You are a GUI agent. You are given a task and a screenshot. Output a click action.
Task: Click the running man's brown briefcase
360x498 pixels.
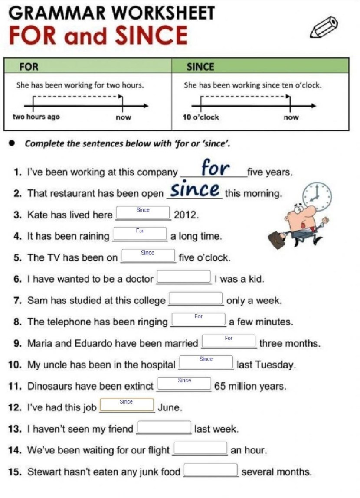[276, 240]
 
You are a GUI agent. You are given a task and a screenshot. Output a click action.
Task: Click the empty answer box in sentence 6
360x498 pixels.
[184, 277]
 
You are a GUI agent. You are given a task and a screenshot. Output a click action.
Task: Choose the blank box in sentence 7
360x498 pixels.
[196, 298]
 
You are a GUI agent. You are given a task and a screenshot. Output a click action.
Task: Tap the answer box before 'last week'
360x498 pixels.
[164, 427]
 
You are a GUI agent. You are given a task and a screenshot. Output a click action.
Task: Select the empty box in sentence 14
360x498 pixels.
[200, 448]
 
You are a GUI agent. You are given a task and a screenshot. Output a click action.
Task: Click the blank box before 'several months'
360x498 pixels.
[211, 469]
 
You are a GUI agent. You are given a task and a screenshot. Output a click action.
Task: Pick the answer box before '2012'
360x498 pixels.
[143, 213]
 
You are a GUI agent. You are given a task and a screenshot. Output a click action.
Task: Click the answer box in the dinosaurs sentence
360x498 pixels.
[184, 384]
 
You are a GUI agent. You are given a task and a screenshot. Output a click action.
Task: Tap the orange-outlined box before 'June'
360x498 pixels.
[127, 405]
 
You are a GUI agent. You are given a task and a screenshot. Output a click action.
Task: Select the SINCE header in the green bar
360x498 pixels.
[201, 67]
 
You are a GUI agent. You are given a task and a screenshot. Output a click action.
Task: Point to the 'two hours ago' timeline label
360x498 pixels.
[36, 117]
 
